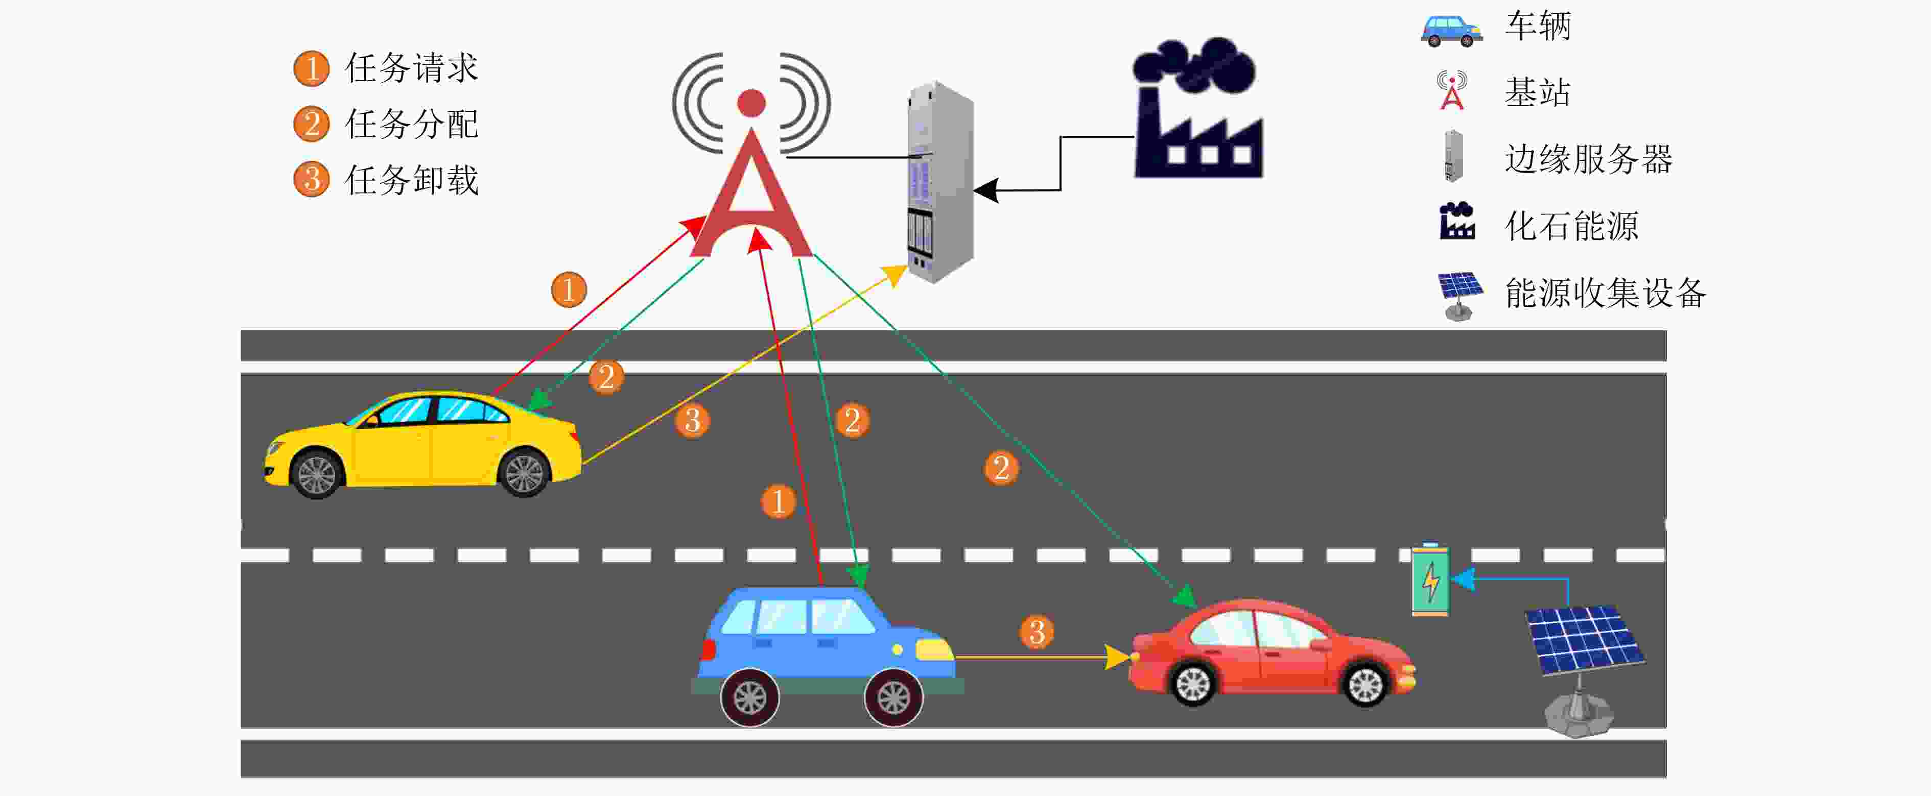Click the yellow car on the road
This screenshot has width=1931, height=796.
[x=422, y=444]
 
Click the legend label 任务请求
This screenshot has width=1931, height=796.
[x=411, y=68]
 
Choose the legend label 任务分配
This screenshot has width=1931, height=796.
[x=411, y=124]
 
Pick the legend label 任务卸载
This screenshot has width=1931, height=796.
[x=411, y=180]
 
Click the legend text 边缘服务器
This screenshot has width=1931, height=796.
[x=1588, y=159]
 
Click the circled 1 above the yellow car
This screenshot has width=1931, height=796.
[x=568, y=290]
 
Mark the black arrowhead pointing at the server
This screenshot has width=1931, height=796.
[x=985, y=190]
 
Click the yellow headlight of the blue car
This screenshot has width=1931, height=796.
[x=934, y=649]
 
